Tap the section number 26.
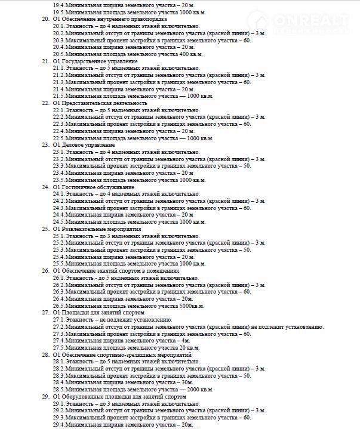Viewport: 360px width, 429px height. coord(45,270)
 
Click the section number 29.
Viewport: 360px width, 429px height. coord(45,396)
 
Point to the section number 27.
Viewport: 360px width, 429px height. coord(45,312)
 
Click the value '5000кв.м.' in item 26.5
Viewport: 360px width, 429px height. coord(190,305)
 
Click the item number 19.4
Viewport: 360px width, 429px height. coord(59,4)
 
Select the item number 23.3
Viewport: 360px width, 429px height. coord(59,166)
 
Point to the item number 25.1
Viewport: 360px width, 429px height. coord(59,236)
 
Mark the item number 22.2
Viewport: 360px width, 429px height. coord(59,117)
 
